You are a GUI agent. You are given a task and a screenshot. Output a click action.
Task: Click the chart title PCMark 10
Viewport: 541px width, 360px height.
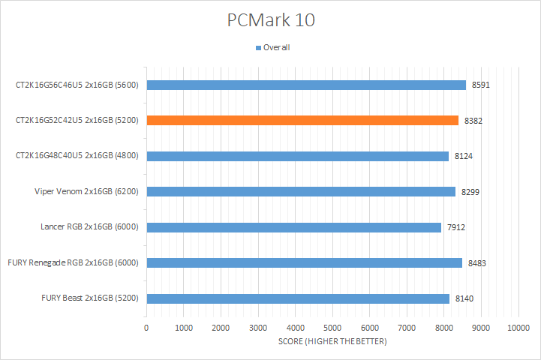pyautogui.click(x=271, y=20)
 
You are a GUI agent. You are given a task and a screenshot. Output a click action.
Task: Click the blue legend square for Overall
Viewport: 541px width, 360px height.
pyautogui.click(x=258, y=48)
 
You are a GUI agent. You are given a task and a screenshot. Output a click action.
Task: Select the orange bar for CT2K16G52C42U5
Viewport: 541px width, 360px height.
pyautogui.click(x=302, y=120)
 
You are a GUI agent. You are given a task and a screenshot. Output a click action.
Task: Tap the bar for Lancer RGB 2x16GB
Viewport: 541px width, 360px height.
pyautogui.click(x=293, y=227)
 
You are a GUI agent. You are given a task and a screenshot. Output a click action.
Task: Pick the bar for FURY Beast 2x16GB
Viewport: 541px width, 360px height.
pyautogui.click(x=298, y=298)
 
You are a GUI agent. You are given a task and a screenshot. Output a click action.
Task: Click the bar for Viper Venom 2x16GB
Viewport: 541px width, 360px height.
pyautogui.click(x=301, y=191)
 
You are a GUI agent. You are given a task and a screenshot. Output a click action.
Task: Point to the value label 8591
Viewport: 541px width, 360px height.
pyautogui.click(x=481, y=85)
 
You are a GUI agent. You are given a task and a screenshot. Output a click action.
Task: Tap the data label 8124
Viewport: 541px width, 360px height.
pyautogui.click(x=464, y=156)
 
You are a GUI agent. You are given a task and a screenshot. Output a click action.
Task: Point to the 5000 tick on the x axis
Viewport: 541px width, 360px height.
pyautogui.click(x=332, y=328)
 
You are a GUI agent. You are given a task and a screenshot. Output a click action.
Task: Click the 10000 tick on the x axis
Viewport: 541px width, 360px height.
pyautogui.click(x=518, y=328)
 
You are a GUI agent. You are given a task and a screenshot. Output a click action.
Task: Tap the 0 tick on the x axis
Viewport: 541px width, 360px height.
pyautogui.click(x=146, y=328)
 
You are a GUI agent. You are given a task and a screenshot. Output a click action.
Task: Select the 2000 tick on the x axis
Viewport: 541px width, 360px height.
pyautogui.click(x=221, y=328)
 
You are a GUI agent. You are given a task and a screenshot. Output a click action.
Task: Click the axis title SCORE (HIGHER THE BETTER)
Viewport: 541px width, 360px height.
pyautogui.click(x=332, y=341)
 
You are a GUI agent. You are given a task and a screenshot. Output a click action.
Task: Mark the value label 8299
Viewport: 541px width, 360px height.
pyautogui.click(x=470, y=192)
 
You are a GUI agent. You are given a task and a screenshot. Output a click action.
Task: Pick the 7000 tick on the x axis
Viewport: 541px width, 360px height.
pyautogui.click(x=407, y=328)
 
